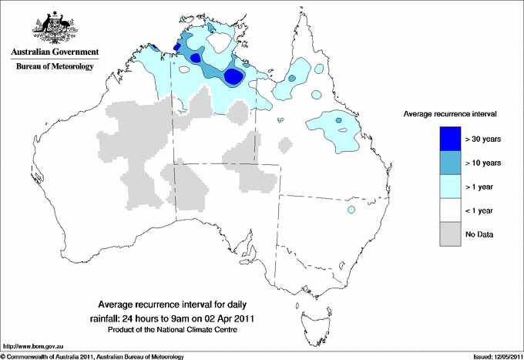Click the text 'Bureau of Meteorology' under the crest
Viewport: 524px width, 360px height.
pyautogui.click(x=55, y=67)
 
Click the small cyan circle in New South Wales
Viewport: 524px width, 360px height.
pyautogui.click(x=351, y=210)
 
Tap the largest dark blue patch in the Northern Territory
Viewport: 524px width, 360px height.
pyautogui.click(x=235, y=76)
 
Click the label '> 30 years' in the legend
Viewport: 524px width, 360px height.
pyautogui.click(x=483, y=139)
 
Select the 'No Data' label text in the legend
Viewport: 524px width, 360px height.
pyautogui.click(x=480, y=234)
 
